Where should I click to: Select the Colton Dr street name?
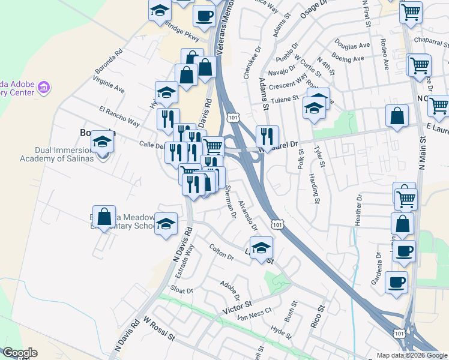click(221, 251)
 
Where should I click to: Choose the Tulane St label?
click(285, 100)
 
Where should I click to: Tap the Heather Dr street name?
click(358, 209)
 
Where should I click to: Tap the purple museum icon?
click(43, 88)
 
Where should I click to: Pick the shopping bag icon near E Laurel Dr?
click(397, 116)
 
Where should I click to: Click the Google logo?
click(20, 353)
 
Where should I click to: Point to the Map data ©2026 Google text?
click(412, 355)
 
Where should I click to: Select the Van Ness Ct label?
click(255, 317)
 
